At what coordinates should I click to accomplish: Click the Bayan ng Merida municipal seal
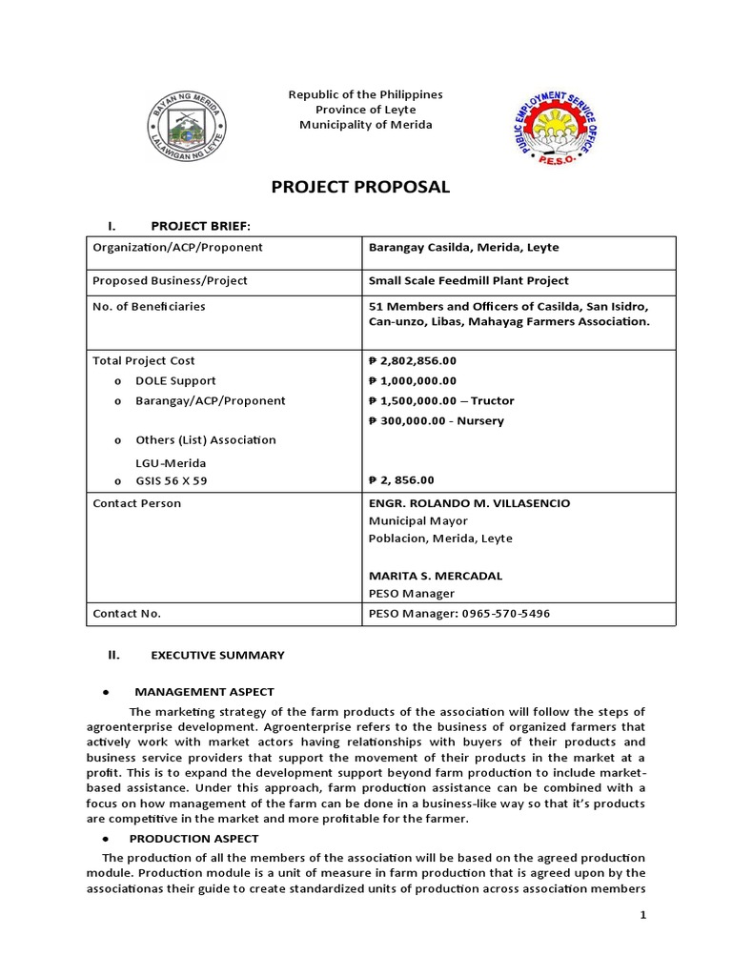[x=188, y=126]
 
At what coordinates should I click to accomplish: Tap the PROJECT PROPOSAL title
[x=359, y=188]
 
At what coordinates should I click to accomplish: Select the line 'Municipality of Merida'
[x=366, y=125]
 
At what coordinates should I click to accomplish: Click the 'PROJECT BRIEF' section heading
[x=201, y=226]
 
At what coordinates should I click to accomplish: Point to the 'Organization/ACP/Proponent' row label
[x=177, y=248]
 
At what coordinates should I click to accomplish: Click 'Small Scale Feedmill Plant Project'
[x=468, y=280]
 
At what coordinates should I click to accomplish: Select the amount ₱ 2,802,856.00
[x=412, y=361]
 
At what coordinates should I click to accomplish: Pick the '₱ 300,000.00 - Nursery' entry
[x=436, y=421]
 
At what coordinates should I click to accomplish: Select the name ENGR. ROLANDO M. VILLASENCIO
[x=469, y=503]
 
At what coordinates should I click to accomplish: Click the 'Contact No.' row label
[x=127, y=614]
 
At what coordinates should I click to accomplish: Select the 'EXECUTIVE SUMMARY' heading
[x=217, y=656]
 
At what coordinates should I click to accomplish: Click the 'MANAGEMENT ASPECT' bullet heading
[x=204, y=692]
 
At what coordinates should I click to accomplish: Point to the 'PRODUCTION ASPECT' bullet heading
[x=193, y=839]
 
